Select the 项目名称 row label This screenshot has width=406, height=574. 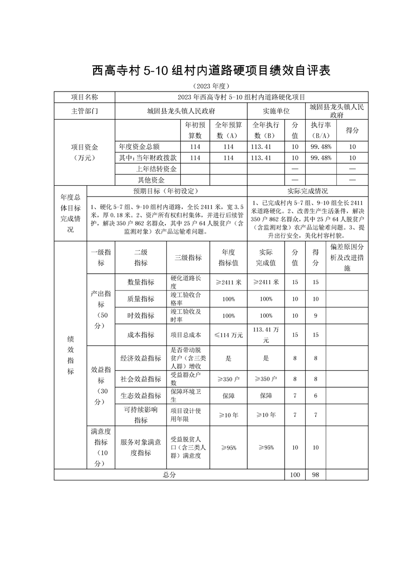[84, 97]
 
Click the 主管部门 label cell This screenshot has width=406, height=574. [84, 111]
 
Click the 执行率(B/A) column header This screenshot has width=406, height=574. [321, 130]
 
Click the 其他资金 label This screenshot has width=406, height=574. [151, 180]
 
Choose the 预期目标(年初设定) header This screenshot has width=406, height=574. [166, 191]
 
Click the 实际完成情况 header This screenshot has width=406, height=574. [307, 191]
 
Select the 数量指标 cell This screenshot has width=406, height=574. [141, 282]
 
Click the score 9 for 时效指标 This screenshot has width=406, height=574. [315, 316]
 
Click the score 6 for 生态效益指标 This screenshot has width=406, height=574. [315, 395]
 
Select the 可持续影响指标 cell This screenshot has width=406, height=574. [141, 415]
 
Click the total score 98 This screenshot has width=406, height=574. [315, 475]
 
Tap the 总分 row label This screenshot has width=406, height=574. [169, 475]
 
